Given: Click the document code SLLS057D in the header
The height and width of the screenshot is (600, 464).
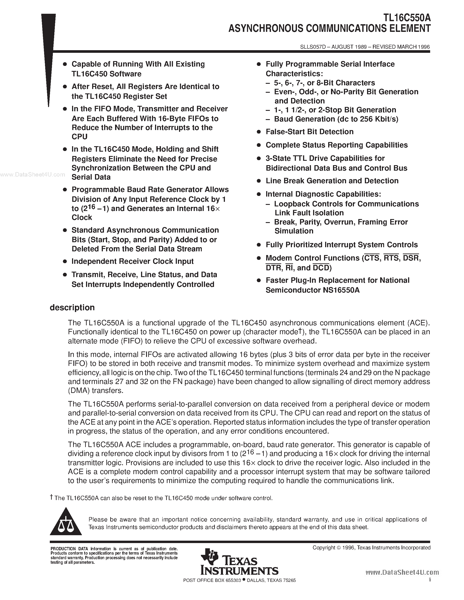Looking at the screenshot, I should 313,47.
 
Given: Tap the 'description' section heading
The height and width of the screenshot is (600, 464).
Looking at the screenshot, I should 72,307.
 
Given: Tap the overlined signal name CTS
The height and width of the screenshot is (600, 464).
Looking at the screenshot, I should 372,258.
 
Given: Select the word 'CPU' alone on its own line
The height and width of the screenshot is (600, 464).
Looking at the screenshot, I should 79,137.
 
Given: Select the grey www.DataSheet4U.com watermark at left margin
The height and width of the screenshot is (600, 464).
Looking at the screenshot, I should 33,175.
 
